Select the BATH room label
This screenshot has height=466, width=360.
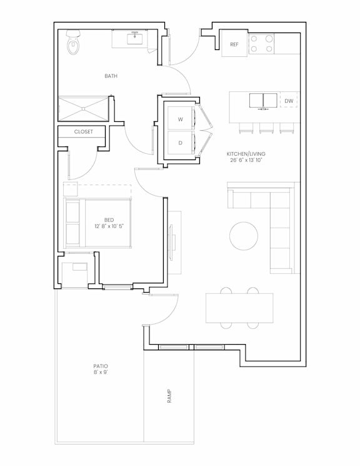(x=111, y=76)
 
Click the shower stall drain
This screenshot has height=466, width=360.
(x=84, y=109)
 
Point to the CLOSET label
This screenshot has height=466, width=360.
(x=84, y=131)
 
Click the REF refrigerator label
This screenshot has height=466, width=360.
(x=234, y=44)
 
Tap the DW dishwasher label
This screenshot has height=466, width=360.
(x=289, y=101)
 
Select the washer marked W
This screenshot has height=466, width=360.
(x=180, y=118)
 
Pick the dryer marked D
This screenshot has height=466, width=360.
(x=180, y=143)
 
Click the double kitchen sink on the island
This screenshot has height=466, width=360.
(x=263, y=101)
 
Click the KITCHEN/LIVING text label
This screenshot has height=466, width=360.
(x=246, y=154)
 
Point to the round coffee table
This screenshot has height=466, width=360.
(x=244, y=236)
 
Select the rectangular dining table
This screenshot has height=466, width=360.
(x=239, y=308)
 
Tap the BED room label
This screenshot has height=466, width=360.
(x=109, y=220)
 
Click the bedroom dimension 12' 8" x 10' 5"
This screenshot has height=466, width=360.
(x=109, y=226)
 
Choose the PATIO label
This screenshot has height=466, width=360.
(x=101, y=366)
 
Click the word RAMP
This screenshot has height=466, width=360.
(x=169, y=396)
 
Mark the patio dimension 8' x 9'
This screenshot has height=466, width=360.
(x=101, y=372)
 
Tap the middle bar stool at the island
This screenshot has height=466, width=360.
(x=266, y=128)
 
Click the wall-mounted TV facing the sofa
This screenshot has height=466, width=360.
(x=171, y=243)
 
